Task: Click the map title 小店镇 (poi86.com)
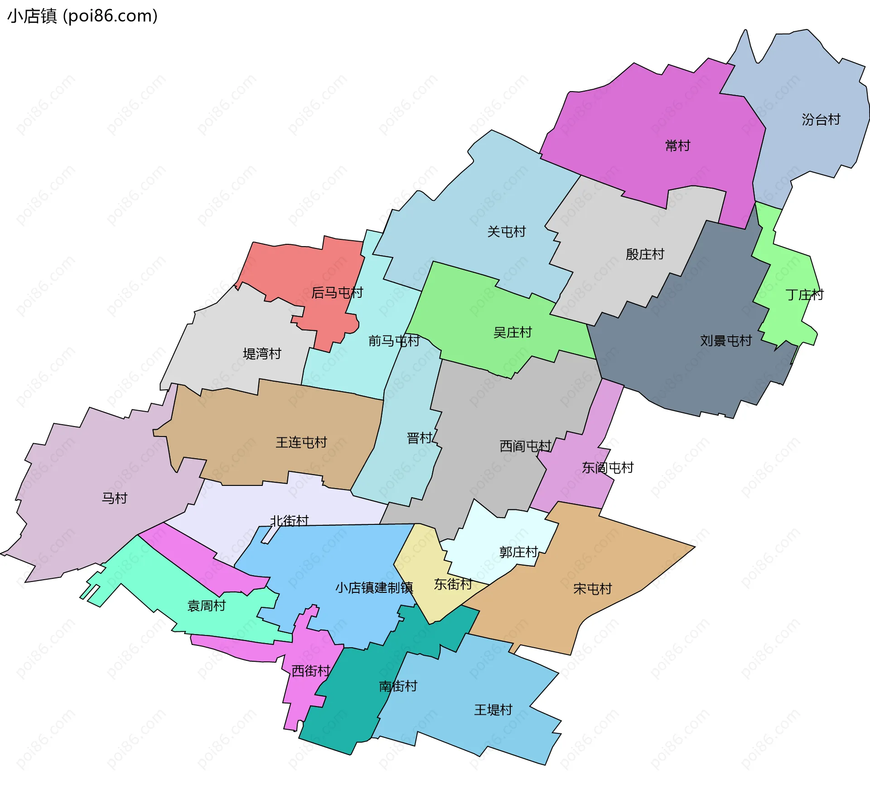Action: (82, 16)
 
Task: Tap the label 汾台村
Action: (821, 120)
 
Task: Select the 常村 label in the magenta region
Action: (677, 145)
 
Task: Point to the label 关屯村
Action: (506, 232)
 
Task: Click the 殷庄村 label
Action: (644, 254)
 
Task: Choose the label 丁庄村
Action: (804, 295)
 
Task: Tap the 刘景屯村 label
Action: (725, 340)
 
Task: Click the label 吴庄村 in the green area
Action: (512, 332)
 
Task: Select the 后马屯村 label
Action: (337, 292)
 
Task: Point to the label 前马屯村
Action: (394, 340)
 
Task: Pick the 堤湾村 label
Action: (262, 353)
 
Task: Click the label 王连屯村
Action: (301, 442)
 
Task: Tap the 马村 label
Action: (114, 498)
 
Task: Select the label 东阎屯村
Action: (607, 467)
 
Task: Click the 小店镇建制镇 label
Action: (374, 587)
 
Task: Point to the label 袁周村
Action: (206, 606)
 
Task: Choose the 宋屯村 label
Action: (592, 588)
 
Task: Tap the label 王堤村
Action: (493, 709)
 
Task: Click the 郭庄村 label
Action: (518, 552)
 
